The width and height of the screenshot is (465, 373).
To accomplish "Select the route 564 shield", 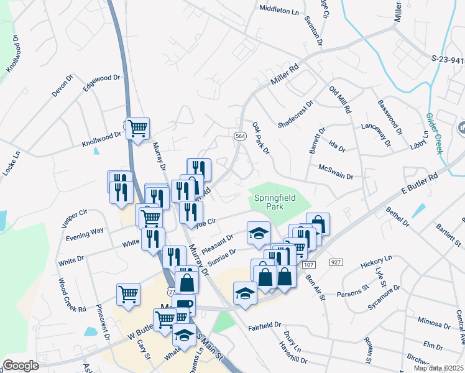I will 239,136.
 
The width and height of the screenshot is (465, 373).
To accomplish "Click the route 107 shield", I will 309,265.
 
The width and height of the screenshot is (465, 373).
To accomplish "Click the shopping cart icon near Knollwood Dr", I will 138,128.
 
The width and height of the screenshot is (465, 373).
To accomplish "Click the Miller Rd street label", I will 285,75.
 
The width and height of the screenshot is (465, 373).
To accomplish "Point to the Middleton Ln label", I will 279,10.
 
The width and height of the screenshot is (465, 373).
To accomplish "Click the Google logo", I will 21,366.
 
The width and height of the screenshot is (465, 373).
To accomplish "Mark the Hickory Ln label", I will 377,262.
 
